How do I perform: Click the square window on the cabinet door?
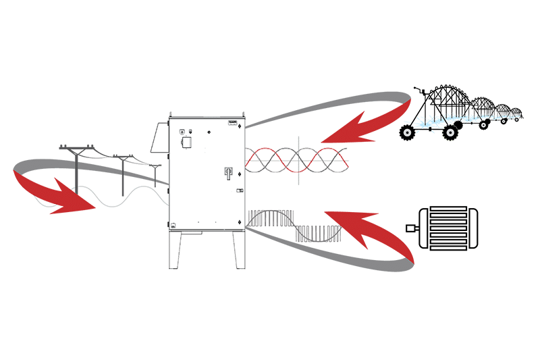186,143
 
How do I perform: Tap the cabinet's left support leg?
174,250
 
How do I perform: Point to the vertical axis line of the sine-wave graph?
298,160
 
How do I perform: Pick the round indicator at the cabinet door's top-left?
181,131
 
